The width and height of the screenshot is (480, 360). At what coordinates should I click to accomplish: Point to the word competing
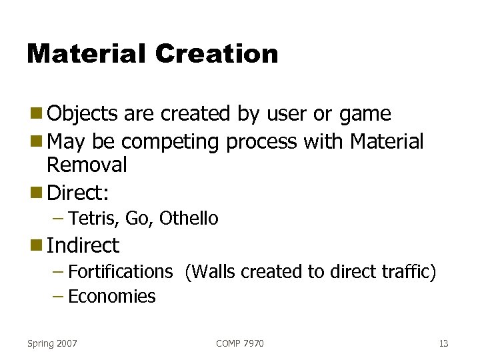(172, 142)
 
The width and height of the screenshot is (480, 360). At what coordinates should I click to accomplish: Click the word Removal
(87, 165)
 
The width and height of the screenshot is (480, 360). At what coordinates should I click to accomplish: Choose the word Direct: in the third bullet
(78, 193)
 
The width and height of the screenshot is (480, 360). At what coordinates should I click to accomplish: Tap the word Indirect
(83, 245)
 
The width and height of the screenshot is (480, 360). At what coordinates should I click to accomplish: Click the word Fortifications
(120, 272)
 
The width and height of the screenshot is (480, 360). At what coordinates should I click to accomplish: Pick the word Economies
(111, 297)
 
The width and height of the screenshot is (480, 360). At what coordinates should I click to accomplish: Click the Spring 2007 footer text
(52, 343)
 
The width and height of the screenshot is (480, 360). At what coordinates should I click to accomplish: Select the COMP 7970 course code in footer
(239, 343)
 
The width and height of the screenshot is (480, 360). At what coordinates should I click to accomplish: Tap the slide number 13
(443, 343)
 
